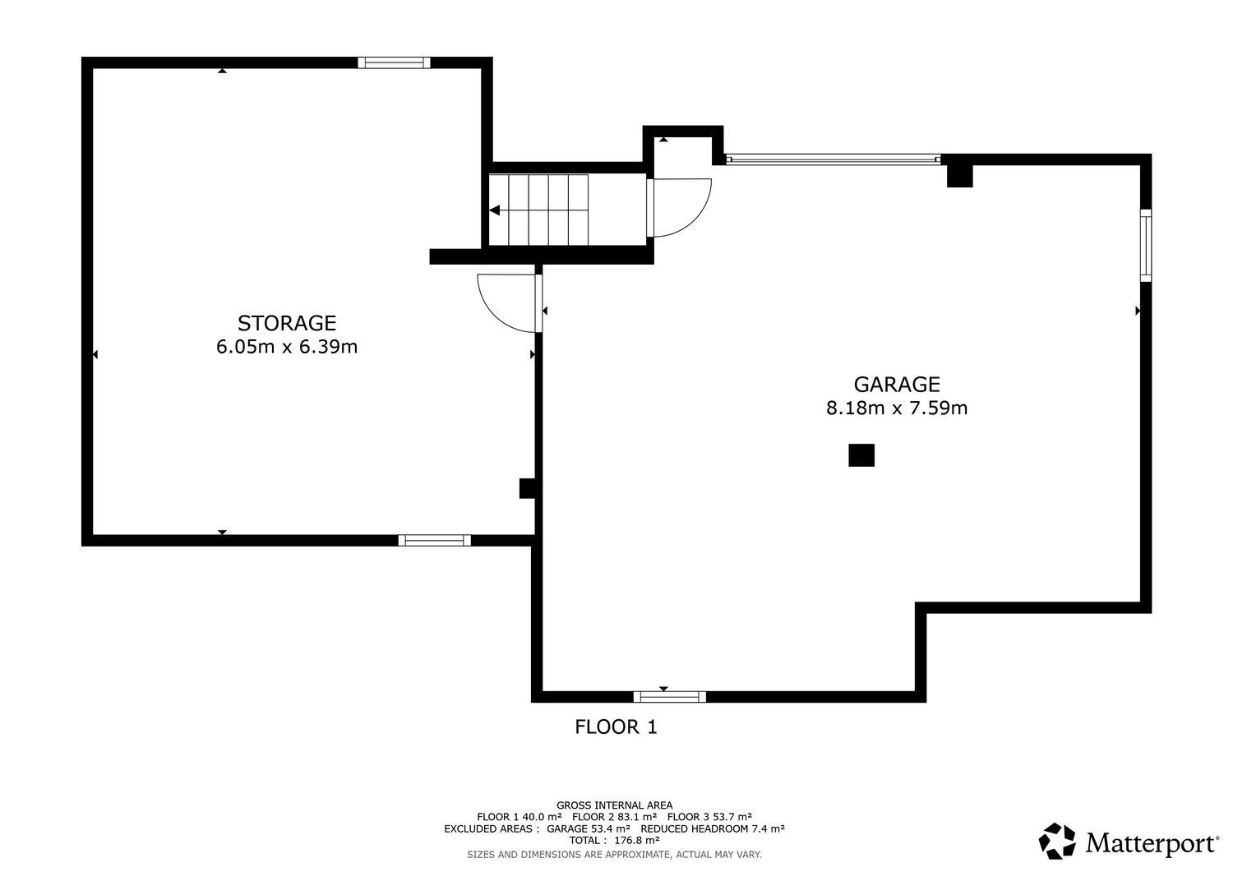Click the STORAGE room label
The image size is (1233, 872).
286,323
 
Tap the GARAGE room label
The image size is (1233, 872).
897,384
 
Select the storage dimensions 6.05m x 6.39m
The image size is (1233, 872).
286,347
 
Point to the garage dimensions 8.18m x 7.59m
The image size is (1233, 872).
897,408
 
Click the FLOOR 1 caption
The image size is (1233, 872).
616,727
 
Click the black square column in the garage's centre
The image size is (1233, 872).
861,455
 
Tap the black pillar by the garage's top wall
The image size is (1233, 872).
959,176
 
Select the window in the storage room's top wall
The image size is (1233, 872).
394,62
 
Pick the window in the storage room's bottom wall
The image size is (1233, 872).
434,540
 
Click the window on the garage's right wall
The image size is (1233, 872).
1146,246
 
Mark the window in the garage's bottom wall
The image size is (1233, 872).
669,697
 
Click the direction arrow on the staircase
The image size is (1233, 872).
494,210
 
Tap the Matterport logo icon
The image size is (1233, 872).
1057,841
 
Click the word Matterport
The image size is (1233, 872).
1152,842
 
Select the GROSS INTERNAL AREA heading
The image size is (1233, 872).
614,805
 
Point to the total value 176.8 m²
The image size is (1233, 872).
637,840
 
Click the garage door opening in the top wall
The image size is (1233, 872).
834,159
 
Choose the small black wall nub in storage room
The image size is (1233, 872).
527,488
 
